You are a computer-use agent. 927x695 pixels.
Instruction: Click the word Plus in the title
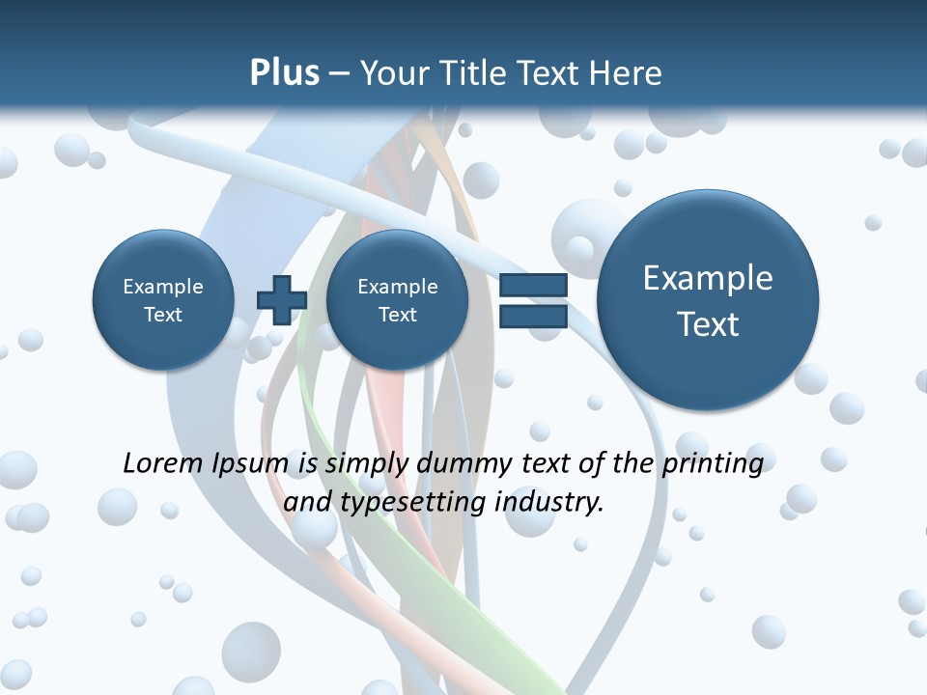(284, 73)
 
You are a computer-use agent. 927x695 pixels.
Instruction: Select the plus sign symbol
(281, 299)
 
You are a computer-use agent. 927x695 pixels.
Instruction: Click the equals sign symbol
(533, 300)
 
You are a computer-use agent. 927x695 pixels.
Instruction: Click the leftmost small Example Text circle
(162, 300)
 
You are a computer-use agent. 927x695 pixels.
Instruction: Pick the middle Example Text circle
(397, 300)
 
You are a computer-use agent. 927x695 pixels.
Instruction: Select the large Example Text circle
(708, 300)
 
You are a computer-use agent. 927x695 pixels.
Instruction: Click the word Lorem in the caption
(164, 464)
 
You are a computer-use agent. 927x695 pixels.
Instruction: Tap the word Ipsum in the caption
(250, 464)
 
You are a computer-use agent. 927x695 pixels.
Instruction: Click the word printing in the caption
(713, 464)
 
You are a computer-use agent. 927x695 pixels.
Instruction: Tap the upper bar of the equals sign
(533, 285)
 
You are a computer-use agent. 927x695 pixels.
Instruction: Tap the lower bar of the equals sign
(533, 316)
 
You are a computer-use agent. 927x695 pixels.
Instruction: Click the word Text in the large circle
(708, 324)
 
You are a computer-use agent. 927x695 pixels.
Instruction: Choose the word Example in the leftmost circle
(162, 287)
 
